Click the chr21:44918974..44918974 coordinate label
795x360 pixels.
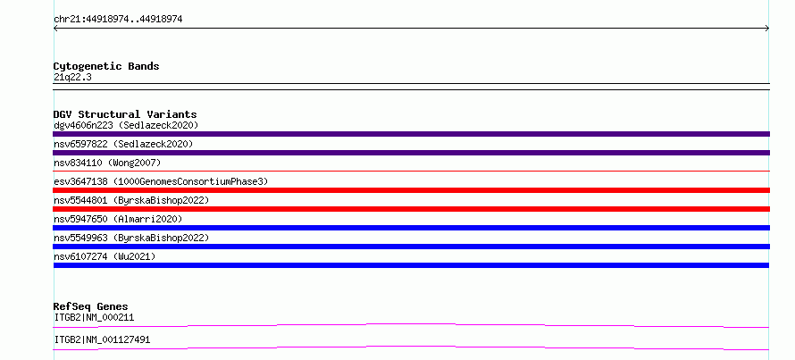click(118, 20)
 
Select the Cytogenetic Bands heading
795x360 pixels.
click(106, 66)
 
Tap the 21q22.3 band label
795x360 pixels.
click(72, 78)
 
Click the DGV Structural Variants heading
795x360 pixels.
click(125, 114)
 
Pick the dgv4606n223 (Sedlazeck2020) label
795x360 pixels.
click(126, 125)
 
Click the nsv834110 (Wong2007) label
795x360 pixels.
click(107, 163)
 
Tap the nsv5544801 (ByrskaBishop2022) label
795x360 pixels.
click(131, 200)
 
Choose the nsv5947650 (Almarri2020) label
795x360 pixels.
click(118, 219)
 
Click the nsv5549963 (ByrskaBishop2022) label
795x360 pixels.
click(131, 238)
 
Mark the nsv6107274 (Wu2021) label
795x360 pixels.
click(105, 256)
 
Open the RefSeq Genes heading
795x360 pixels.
click(90, 306)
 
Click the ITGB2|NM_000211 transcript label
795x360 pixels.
click(94, 317)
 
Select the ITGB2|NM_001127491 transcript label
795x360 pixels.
click(102, 339)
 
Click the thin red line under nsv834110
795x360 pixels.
click(411, 171)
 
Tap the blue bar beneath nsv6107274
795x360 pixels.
click(411, 265)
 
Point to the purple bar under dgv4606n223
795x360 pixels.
click(411, 134)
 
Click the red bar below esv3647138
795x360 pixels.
click(411, 190)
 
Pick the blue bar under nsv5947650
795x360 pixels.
click(411, 228)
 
